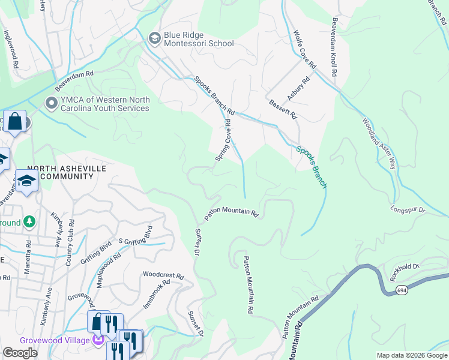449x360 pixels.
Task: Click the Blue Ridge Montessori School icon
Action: (154, 38)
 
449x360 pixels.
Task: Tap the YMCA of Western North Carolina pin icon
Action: (52, 104)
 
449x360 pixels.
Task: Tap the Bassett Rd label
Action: (283, 110)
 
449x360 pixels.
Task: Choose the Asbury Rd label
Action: (298, 88)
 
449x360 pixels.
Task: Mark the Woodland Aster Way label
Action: (378, 143)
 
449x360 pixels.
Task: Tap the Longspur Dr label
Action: (408, 210)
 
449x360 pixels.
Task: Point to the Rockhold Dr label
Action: (428, 266)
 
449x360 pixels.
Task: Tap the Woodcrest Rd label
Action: (163, 275)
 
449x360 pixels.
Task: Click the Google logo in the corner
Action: (20, 353)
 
